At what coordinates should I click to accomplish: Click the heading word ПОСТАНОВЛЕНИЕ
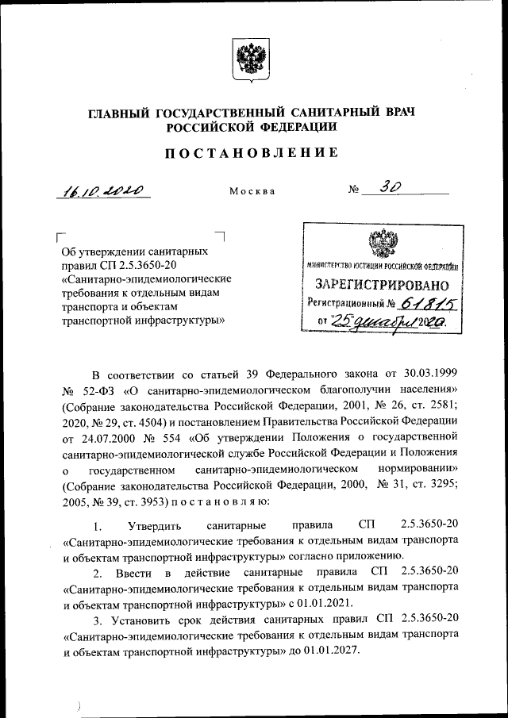[x=252, y=153]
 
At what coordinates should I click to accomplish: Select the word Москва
[x=252, y=192]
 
